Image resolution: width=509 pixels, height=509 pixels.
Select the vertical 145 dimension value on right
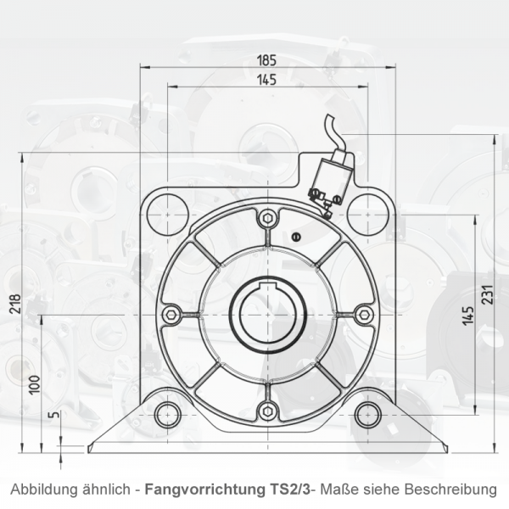[x=467, y=316]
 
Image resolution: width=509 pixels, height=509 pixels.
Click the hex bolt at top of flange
[x=267, y=219]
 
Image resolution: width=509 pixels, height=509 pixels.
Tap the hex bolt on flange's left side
[x=171, y=315]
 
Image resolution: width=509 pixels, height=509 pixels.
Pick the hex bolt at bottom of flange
[x=267, y=411]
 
